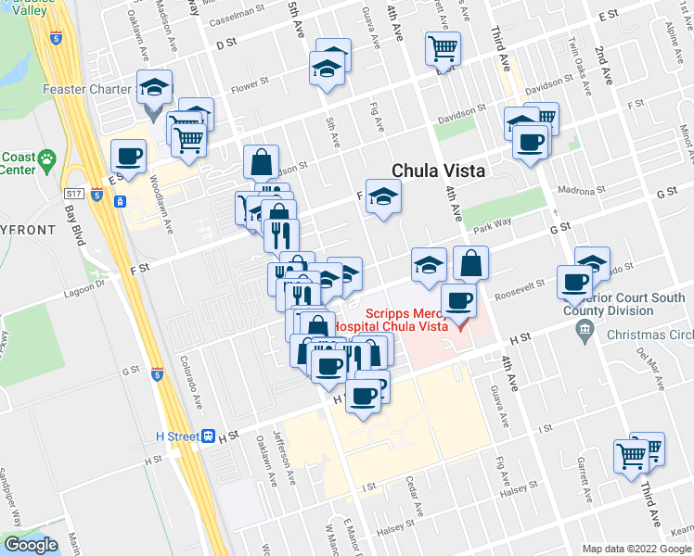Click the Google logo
(32, 545)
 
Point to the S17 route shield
(75, 194)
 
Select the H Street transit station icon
(211, 435)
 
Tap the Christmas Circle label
(655, 335)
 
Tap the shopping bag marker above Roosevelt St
(470, 263)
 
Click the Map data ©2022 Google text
(636, 549)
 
